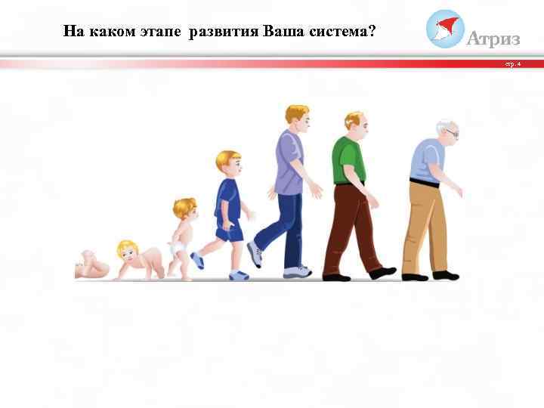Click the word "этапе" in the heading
(162, 32)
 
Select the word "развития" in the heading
(224, 32)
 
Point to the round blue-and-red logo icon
(445, 28)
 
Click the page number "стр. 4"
(513, 64)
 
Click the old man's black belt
(424, 182)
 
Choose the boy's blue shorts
(230, 232)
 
